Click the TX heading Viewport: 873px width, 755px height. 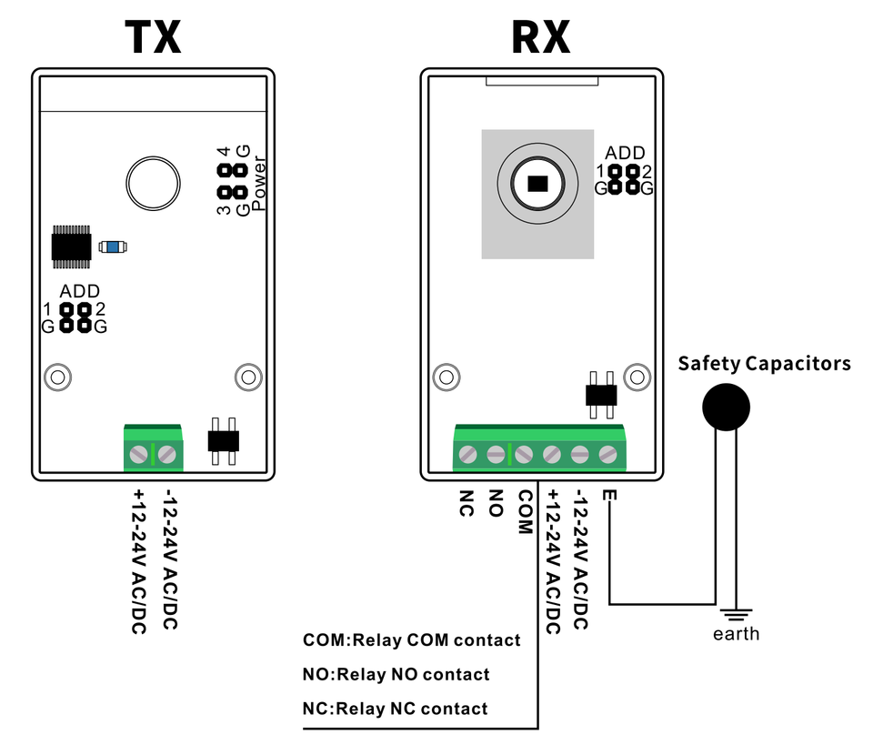(x=153, y=38)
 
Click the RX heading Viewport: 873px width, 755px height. (x=540, y=38)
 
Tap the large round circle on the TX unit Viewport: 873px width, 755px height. (x=153, y=183)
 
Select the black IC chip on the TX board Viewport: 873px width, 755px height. (x=74, y=247)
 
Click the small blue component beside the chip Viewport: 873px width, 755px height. (x=113, y=247)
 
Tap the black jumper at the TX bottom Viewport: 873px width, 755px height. (x=223, y=441)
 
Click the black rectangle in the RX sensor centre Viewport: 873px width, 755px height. (x=538, y=183)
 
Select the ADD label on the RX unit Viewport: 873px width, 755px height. (x=625, y=154)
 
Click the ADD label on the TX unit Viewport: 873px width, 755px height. (x=80, y=292)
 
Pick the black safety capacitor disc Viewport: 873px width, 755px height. (x=726, y=407)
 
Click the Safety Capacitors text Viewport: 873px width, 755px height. (x=764, y=364)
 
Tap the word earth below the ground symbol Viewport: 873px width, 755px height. (x=736, y=634)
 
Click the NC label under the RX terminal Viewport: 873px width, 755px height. (x=467, y=504)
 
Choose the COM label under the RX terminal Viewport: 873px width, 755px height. (x=524, y=512)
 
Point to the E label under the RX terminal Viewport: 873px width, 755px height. (x=608, y=496)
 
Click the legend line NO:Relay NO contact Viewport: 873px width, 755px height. (x=396, y=675)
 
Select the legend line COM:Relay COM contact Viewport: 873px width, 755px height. (x=412, y=640)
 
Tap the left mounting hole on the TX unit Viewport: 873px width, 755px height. (x=57, y=376)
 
